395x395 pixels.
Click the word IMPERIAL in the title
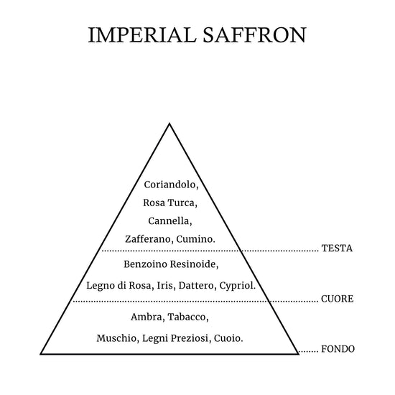pos(142,34)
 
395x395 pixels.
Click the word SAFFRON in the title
pos(255,34)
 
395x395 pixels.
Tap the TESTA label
pos(337,248)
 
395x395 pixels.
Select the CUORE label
pos(338,299)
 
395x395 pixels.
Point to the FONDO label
pos(338,349)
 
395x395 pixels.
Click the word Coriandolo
pos(169,185)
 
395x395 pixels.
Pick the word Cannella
pos(169,221)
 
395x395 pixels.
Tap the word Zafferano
pos(148,239)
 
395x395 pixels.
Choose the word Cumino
pos(194,239)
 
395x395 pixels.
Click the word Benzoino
pos(145,264)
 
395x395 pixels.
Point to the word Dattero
pos(196,286)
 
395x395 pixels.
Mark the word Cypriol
pos(236,286)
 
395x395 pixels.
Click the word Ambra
pos(147,317)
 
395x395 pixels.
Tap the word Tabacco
pos(187,317)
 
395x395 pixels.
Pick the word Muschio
pos(116,338)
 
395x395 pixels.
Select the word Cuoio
pos(227,338)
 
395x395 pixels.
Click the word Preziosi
pos(190,338)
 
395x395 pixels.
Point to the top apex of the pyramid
pos(169,124)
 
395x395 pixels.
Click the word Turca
pos(181,203)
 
